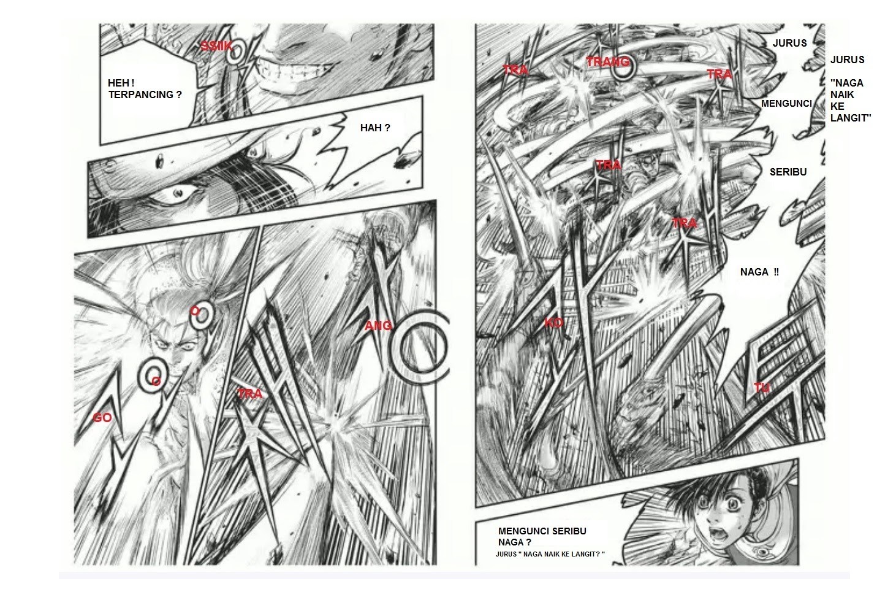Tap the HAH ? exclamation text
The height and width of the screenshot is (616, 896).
click(x=375, y=128)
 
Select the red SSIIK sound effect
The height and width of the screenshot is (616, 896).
click(x=216, y=46)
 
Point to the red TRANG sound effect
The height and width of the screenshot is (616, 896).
click(x=607, y=62)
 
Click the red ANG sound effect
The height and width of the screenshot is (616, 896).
click(x=378, y=326)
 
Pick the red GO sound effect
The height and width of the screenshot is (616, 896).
click(x=102, y=418)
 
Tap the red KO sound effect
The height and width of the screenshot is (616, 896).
click(x=553, y=323)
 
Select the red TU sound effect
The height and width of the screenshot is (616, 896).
click(x=761, y=387)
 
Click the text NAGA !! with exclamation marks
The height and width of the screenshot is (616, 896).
click(x=759, y=272)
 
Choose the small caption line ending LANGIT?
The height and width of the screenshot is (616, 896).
click(x=550, y=554)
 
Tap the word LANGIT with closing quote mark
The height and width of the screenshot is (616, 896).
click(x=851, y=118)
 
